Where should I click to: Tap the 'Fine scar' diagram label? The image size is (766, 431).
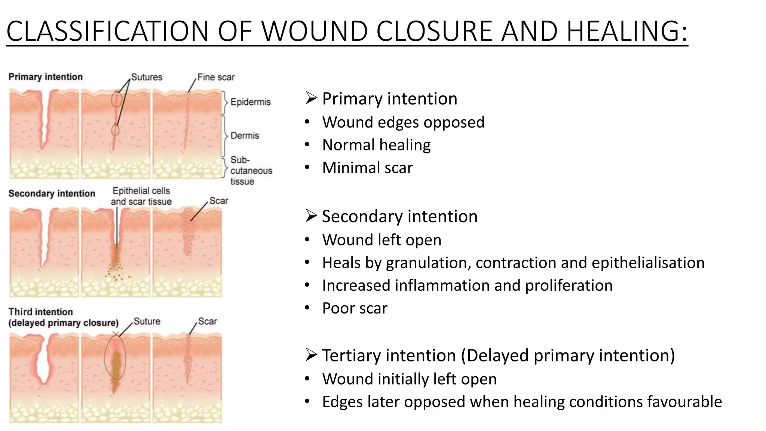(x=216, y=77)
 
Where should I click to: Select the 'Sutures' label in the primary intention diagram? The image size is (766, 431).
(x=147, y=77)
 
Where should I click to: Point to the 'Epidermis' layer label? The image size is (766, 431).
(x=250, y=102)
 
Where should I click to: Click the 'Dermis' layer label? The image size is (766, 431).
(x=245, y=135)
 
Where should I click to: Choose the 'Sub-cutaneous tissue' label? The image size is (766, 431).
(x=251, y=171)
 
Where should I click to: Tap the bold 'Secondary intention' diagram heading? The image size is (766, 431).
(x=52, y=193)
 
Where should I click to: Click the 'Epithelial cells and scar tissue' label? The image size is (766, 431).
(x=141, y=196)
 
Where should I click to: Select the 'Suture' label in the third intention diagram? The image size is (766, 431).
(x=147, y=321)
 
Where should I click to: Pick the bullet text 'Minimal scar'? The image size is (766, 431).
(x=367, y=168)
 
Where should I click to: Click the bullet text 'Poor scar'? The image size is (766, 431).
(x=355, y=308)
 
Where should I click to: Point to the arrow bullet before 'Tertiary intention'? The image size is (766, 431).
(x=311, y=355)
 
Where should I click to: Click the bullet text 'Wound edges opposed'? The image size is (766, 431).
(x=403, y=122)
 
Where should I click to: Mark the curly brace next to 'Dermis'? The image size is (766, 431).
(x=225, y=135)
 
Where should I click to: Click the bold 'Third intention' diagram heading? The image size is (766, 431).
(x=40, y=312)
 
